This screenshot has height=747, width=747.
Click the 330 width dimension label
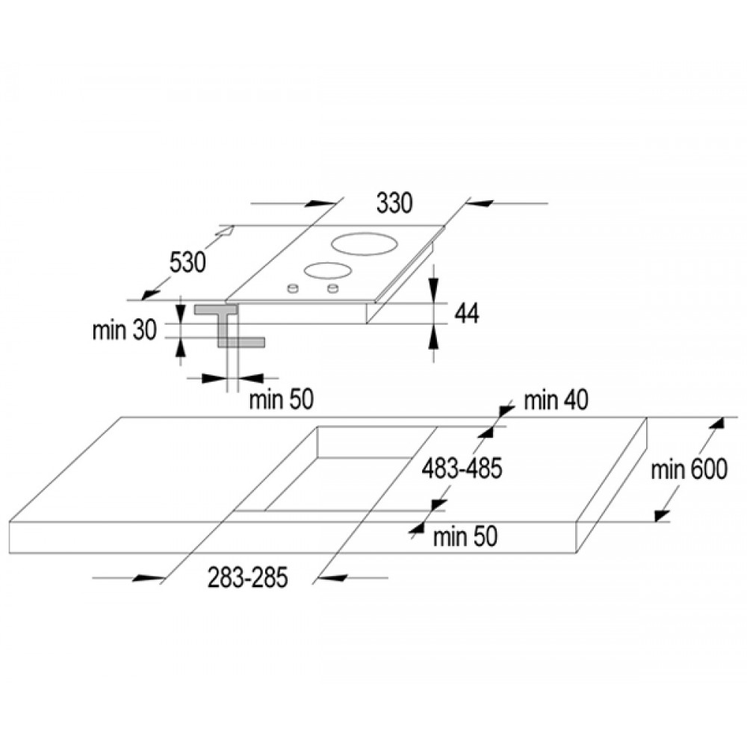394,203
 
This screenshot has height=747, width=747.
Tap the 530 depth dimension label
187,262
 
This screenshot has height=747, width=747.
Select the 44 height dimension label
467,313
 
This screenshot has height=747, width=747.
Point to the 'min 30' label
124,329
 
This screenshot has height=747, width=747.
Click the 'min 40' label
556,400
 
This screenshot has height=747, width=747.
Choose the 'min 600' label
689,469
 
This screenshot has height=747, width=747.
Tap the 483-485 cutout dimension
462,468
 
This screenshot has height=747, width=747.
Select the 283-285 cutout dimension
248,577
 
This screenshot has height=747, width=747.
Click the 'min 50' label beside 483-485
465,536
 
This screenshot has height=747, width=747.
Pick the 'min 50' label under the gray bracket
281,400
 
